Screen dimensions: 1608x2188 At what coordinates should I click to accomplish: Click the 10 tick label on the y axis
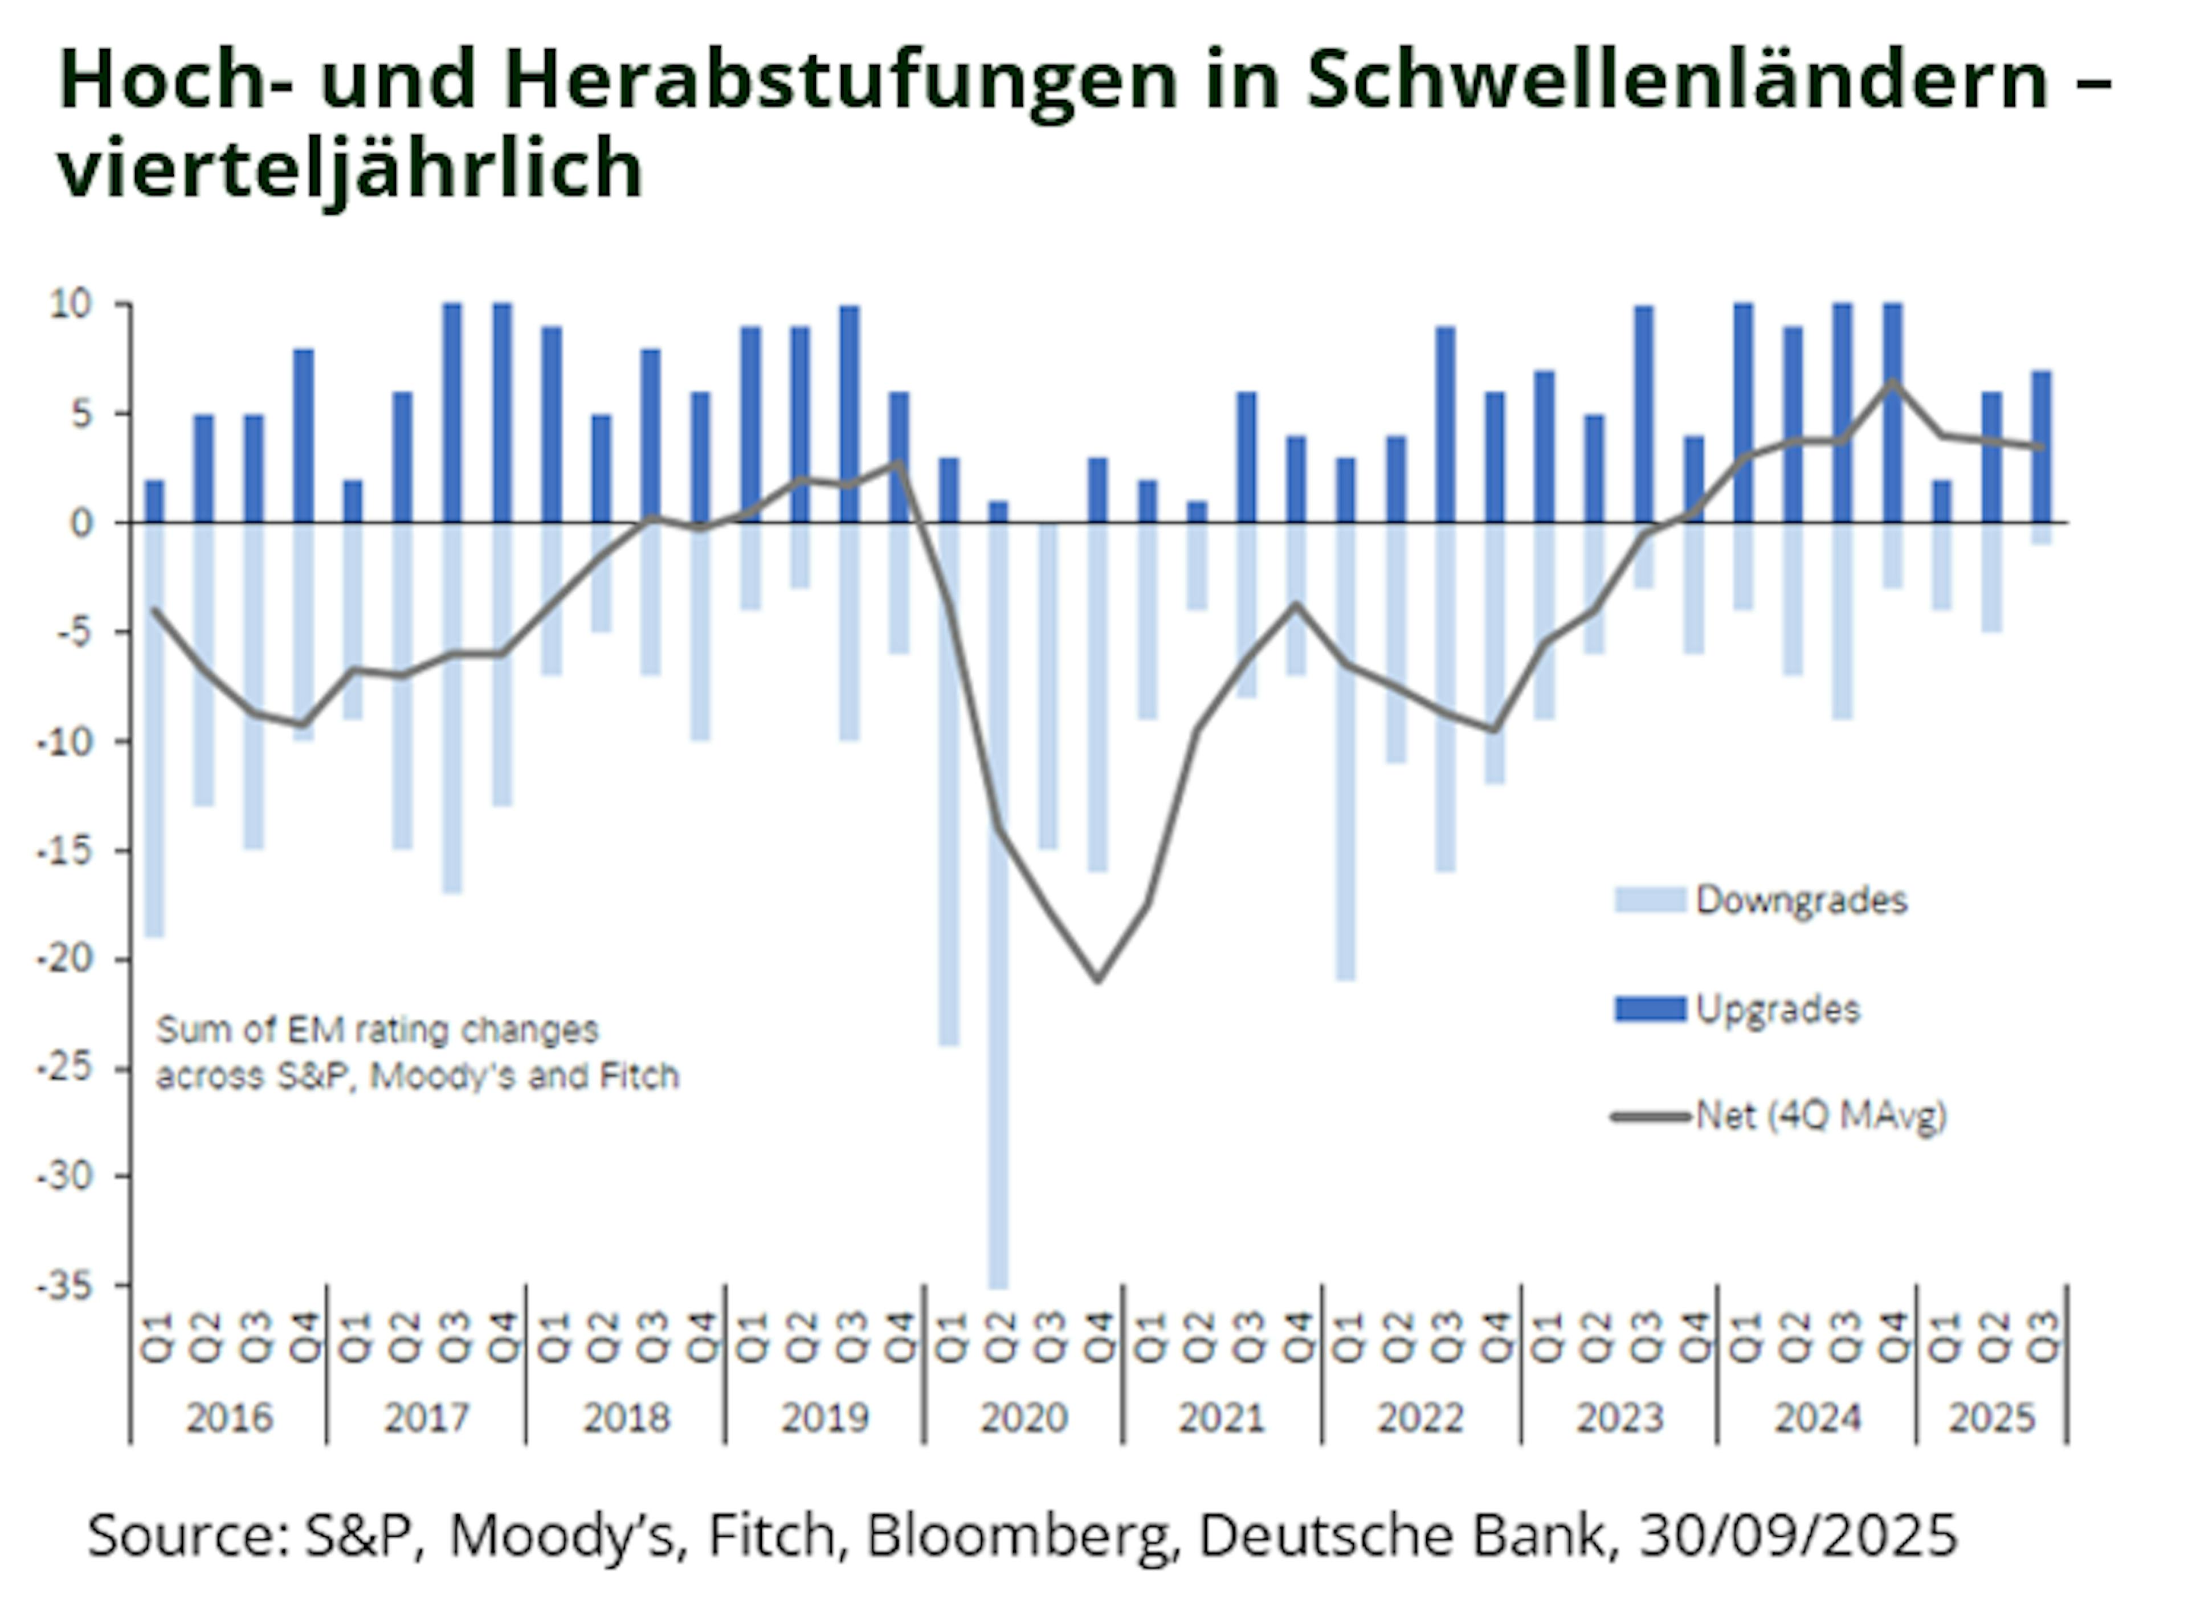pyautogui.click(x=70, y=305)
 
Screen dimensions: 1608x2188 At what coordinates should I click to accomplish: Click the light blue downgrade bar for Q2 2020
pyautogui.click(x=999, y=905)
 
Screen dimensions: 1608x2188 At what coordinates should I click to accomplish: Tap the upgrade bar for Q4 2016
pyautogui.click(x=304, y=436)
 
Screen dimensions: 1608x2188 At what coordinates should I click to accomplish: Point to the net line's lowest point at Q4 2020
pyautogui.click(x=1099, y=979)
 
